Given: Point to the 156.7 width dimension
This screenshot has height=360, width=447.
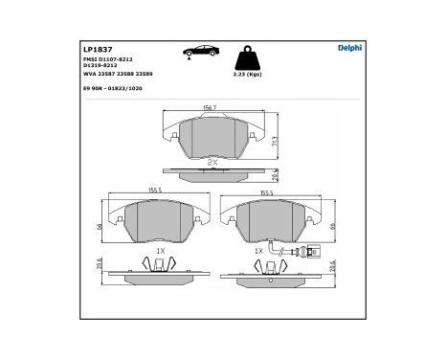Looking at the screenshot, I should pyautogui.click(x=208, y=109).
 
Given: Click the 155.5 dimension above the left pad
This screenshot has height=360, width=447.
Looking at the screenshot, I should pyautogui.click(x=155, y=190).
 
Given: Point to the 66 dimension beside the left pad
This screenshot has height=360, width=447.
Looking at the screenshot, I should pyautogui.click(x=99, y=227).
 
